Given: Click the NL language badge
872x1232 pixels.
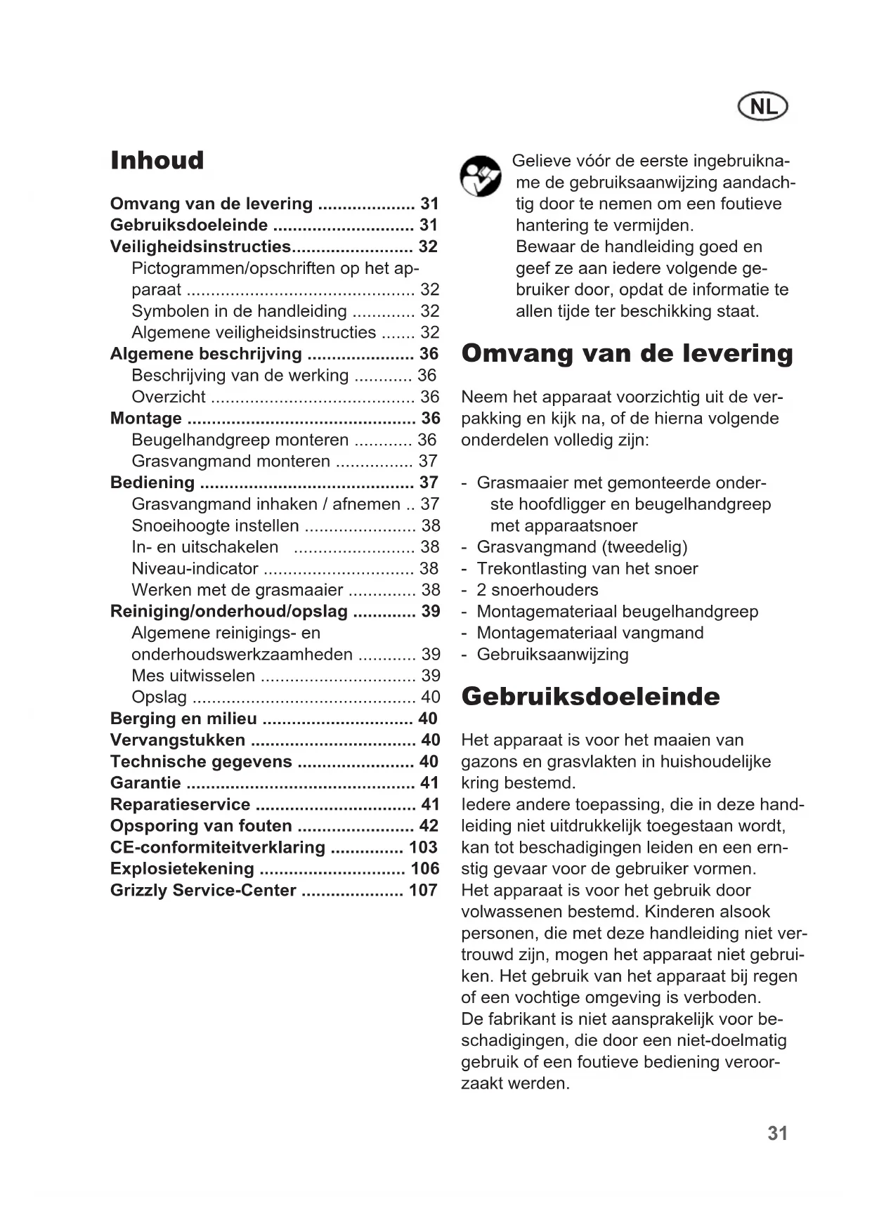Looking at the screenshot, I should pos(763,107).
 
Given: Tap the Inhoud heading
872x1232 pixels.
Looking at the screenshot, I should pos(157,160).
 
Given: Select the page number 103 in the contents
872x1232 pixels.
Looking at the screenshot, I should pos(423,847).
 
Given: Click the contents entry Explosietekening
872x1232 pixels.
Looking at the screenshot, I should pos(182,869).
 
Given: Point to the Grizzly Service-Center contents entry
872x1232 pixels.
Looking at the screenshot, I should pos(203,891).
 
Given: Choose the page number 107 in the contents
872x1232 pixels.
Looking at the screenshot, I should pos(423,891).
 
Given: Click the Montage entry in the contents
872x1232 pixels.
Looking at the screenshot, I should pos(146,419).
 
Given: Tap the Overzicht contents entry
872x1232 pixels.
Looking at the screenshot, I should pos(169,397).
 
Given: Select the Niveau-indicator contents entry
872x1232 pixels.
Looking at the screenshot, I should pos(195,568).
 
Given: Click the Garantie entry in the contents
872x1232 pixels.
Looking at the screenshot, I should pos(145,783).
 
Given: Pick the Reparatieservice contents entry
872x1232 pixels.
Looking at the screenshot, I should pos(180,804).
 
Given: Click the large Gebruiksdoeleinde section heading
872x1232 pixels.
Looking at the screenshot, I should pos(590,697).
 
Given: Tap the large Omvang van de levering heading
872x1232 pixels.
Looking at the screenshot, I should pos(627,353).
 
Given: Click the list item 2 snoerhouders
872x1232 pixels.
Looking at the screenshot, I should pos(538,590).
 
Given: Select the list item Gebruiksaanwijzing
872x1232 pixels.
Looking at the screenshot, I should pos(552,655).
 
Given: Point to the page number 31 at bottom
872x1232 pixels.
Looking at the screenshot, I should pos(777,1134).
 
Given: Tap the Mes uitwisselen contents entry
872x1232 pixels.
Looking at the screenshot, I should pos(193,676).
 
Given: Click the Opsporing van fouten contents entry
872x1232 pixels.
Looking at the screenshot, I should pos(201,826).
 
